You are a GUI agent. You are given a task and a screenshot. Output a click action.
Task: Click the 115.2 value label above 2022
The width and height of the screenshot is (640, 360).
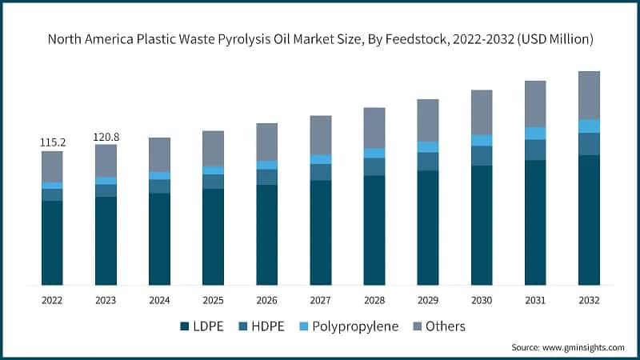tap(53, 142)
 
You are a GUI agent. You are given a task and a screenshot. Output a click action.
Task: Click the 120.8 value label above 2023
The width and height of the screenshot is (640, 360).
tap(106, 137)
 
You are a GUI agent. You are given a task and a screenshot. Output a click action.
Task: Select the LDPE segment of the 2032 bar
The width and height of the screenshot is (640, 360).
tap(589, 220)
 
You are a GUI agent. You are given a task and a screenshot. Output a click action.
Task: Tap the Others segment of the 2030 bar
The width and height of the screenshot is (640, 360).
tap(482, 112)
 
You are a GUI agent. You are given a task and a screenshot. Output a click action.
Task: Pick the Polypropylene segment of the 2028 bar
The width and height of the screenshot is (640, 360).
tap(374, 153)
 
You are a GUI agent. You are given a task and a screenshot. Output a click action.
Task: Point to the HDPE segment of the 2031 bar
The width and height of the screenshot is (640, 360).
tap(535, 150)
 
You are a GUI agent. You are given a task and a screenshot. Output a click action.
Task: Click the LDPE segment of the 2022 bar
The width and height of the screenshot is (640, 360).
tap(52, 242)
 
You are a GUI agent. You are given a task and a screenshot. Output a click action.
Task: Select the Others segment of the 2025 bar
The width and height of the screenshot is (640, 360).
tap(214, 148)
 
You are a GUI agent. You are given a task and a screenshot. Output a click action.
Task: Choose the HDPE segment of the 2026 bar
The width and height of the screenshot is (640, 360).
tap(267, 177)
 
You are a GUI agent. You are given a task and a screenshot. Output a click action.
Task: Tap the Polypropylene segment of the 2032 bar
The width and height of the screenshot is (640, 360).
tap(589, 126)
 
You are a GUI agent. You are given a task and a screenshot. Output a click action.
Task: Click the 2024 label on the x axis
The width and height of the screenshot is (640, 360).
tap(159, 300)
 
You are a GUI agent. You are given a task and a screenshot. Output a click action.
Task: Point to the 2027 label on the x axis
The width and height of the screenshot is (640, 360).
tap(320, 300)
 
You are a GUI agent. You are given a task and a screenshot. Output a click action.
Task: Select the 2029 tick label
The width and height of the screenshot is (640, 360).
tap(427, 300)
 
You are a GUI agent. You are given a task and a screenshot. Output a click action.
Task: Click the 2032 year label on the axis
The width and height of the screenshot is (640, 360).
tap(589, 300)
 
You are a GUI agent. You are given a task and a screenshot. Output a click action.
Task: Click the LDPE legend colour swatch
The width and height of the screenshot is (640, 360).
tap(185, 326)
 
